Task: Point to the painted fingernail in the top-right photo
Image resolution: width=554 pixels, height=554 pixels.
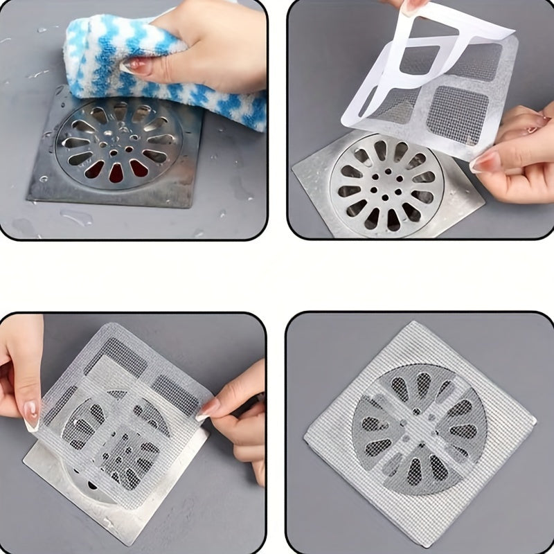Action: click(485, 162)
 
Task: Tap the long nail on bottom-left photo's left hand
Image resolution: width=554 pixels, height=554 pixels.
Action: click(30, 415)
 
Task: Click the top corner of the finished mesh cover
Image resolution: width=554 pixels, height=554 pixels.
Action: click(415, 323)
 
